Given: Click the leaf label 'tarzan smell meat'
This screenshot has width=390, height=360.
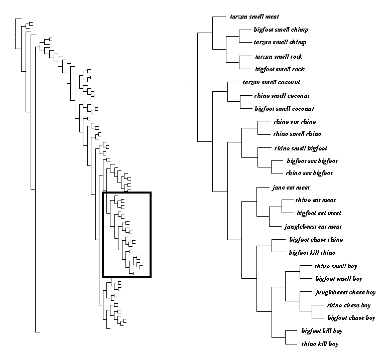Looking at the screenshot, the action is coord(254,17).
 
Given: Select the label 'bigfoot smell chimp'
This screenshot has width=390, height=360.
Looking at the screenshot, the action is coord(281,30).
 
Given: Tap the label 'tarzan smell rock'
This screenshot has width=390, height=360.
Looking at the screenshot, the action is coord(279,57).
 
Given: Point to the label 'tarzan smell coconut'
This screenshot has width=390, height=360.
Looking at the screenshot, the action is coord(271,82).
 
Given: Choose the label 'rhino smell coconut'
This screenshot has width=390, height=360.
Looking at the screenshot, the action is coord(282,96).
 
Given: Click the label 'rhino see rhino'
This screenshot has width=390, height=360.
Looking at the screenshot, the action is coord(295,122).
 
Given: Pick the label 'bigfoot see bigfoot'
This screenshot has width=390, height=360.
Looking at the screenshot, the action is coord(312,161).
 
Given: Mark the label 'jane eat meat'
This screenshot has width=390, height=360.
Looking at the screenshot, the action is coord(291,188).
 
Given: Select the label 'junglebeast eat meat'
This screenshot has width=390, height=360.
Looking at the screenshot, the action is coord(313,227).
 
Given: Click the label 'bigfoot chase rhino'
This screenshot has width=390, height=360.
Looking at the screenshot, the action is coord(316,240).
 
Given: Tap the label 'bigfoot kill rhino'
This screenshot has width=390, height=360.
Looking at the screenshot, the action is coord(312,253).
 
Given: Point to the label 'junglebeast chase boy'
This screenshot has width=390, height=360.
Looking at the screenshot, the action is coord(345,292).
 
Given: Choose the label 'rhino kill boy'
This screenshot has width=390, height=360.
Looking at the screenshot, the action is coord(320,344).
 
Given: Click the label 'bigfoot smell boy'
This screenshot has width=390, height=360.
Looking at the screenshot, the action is coord(338,279).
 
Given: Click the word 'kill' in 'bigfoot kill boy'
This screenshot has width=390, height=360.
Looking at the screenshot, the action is coord(327,331).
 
